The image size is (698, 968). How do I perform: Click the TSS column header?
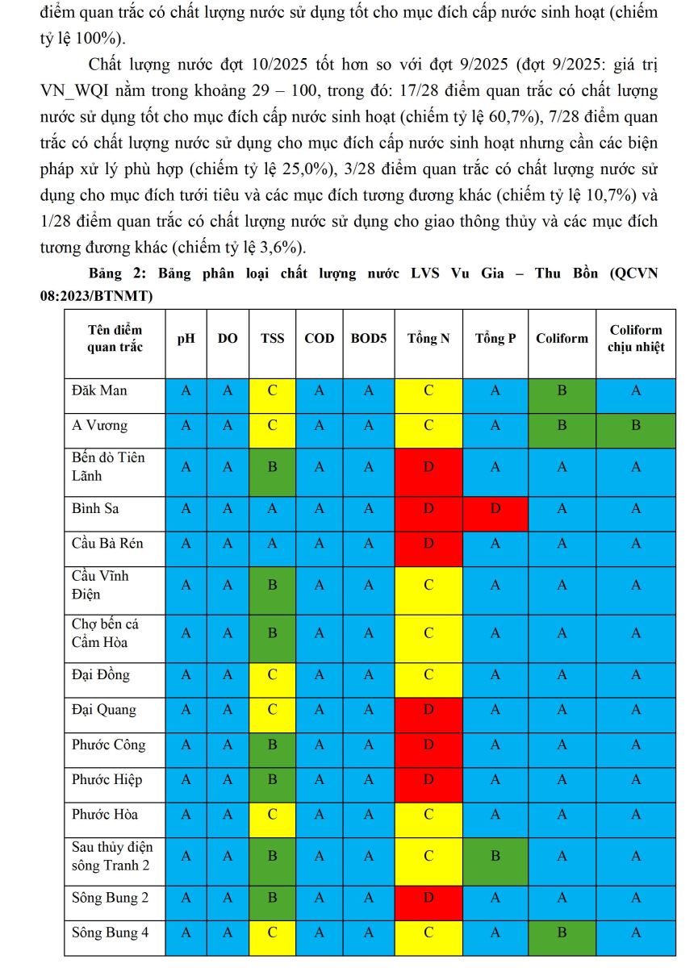point(273,339)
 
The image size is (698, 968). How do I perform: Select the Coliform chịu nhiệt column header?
point(636,339)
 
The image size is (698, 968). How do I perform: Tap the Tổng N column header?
point(428,339)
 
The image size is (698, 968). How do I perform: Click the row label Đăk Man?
point(99,390)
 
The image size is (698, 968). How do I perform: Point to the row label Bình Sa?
point(95,509)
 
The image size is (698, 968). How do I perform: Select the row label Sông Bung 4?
point(111,933)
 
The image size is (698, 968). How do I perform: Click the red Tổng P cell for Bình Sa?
point(495,509)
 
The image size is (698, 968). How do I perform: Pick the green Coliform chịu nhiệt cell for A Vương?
point(636,425)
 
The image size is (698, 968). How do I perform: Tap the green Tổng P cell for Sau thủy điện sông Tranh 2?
point(495,857)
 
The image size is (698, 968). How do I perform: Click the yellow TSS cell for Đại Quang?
point(273,710)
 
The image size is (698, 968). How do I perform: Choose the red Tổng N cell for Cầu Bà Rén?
point(428,543)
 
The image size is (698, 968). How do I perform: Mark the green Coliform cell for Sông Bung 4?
point(562,933)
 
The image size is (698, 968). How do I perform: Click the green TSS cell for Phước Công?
point(273,745)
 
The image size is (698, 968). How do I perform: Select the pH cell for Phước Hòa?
point(186,814)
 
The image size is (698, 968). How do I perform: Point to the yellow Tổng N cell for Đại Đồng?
point(428,674)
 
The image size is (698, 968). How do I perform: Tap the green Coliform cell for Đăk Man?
point(562,390)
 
